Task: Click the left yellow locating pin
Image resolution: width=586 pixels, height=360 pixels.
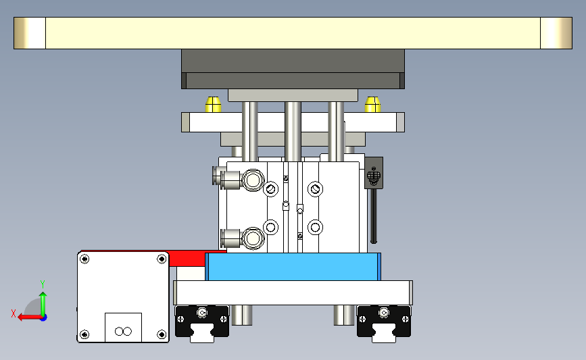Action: pyautogui.click(x=213, y=105)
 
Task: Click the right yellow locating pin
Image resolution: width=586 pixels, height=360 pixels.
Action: pyautogui.click(x=372, y=105)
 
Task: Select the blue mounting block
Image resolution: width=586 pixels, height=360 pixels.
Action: pyautogui.click(x=293, y=267)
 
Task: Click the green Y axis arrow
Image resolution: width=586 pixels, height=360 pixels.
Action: pyautogui.click(x=43, y=303)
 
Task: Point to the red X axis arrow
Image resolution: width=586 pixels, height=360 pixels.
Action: pyautogui.click(x=30, y=317)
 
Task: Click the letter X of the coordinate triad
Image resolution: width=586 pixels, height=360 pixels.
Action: pyautogui.click(x=14, y=313)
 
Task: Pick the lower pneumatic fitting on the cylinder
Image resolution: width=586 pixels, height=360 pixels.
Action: pyautogui.click(x=243, y=238)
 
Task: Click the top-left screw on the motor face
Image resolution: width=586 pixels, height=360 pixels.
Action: pyautogui.click(x=85, y=259)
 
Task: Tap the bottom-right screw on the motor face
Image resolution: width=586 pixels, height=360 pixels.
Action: pyautogui.click(x=162, y=334)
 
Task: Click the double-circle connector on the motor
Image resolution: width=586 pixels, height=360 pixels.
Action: pyautogui.click(x=123, y=331)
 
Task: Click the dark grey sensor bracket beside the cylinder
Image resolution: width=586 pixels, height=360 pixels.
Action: pyautogui.click(x=374, y=173)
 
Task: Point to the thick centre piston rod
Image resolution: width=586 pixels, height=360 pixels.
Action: pyautogui.click(x=293, y=132)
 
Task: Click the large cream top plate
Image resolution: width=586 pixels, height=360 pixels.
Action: pyautogui.click(x=293, y=33)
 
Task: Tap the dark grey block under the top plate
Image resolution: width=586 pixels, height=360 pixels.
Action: pyautogui.click(x=293, y=69)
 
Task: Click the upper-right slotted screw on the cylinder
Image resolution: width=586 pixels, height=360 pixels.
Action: pyautogui.click(x=315, y=189)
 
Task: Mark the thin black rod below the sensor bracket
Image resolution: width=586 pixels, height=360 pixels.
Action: pyautogui.click(x=374, y=216)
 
